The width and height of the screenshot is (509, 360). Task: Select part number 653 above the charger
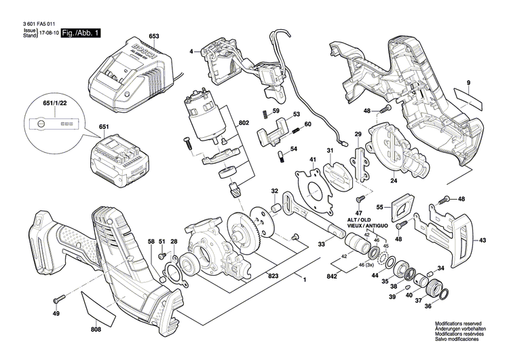point(153,35)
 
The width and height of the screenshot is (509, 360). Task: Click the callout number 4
point(191,51)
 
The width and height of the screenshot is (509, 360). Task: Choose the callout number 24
point(393,181)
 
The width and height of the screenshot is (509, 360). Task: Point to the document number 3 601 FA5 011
point(33,22)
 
